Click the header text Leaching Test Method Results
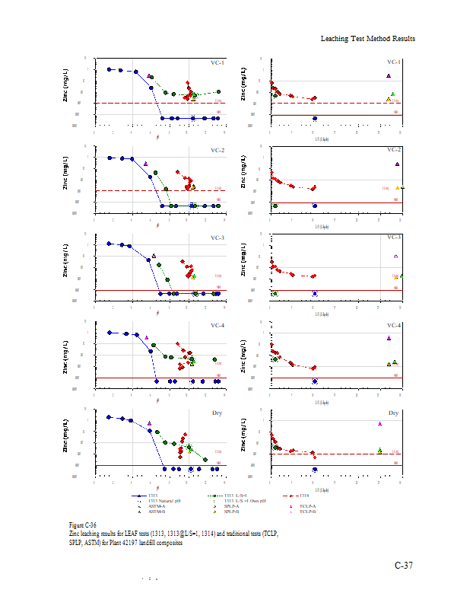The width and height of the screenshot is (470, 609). click(367, 38)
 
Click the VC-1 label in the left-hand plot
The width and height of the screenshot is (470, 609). click(217, 62)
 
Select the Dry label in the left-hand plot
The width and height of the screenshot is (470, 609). click(219, 413)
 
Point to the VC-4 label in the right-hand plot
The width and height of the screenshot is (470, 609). click(393, 326)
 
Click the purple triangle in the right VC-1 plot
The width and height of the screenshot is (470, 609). click(388, 76)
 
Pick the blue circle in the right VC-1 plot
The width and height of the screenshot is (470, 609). click(315, 118)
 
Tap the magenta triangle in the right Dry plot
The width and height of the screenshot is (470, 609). click(379, 424)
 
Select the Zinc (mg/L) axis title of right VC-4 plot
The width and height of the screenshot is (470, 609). click(243, 348)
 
